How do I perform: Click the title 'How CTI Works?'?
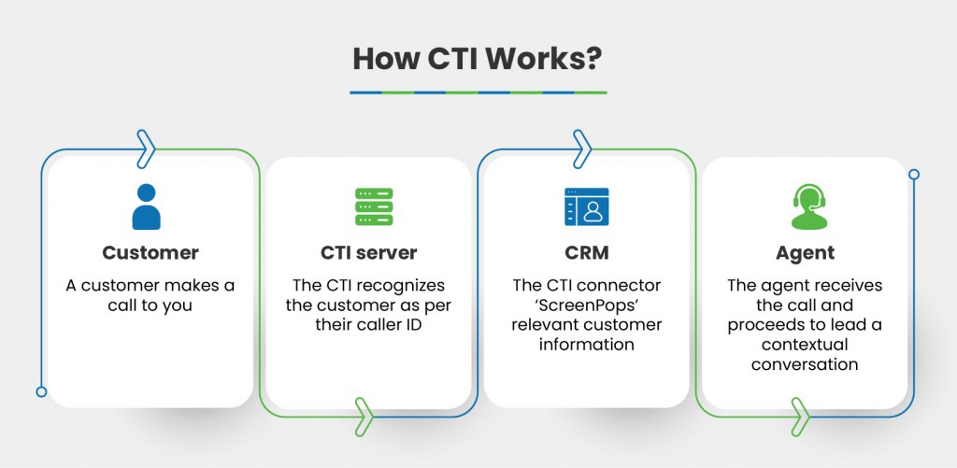tap(478, 59)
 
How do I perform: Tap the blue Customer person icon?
tap(147, 206)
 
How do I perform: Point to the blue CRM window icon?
tap(586, 206)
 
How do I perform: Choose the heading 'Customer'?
tap(150, 252)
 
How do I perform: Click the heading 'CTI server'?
tap(368, 252)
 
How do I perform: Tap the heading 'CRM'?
tap(586, 252)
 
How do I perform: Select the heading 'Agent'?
tap(805, 252)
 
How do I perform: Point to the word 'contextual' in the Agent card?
tap(805, 345)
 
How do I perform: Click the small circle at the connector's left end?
tap(41, 391)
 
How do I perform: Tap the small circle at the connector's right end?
tap(914, 174)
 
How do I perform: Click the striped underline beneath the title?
tap(478, 92)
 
